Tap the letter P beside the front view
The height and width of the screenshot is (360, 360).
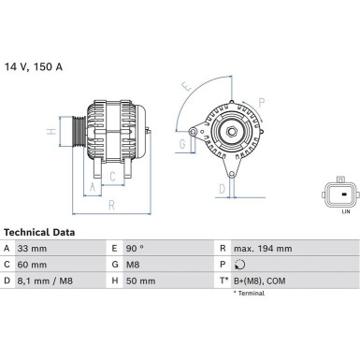[x=262, y=103]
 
